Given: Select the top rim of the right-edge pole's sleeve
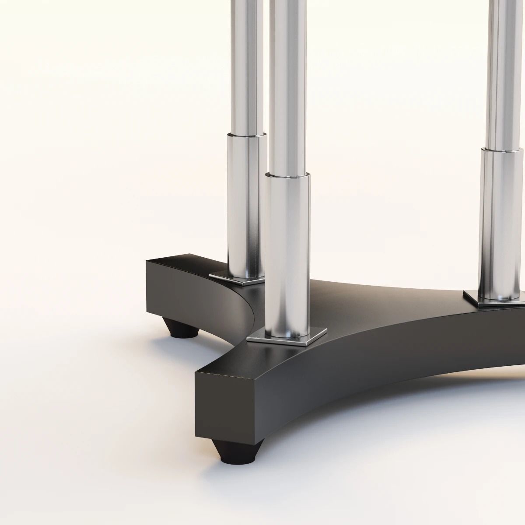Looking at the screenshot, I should pyautogui.click(x=503, y=150).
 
